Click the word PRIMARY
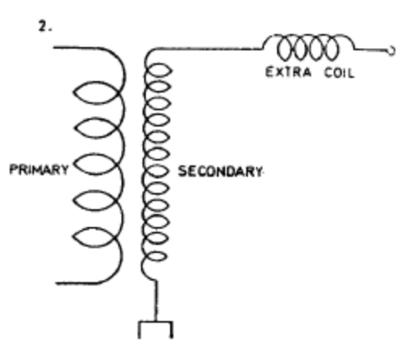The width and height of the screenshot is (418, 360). point(39,169)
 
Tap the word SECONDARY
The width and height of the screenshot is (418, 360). point(220,171)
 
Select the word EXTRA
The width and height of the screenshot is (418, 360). point(288,72)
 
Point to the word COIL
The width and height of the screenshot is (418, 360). point(339,73)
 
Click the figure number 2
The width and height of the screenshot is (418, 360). point(45,27)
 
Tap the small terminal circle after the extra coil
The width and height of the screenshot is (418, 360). point(391,51)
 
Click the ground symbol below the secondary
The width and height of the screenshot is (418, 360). point(156,329)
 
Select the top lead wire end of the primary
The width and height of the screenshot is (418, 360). point(54,48)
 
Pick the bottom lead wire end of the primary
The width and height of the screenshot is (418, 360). point(57,283)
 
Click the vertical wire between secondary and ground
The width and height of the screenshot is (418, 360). point(156,301)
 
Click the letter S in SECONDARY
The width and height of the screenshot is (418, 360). point(182,171)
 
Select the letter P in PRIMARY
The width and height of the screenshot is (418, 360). point(13,169)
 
